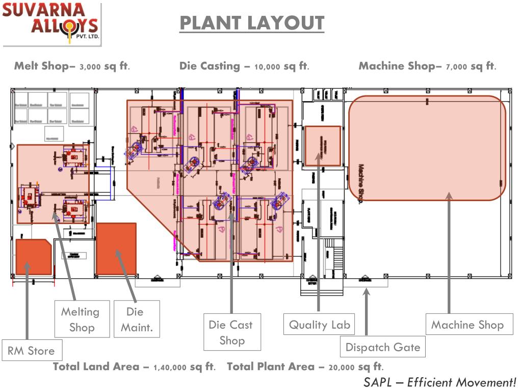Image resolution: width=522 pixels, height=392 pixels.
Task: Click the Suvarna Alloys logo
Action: (x=51, y=23)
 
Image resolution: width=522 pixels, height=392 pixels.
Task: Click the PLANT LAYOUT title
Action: (x=252, y=23)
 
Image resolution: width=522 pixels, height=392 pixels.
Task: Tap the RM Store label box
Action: (x=31, y=351)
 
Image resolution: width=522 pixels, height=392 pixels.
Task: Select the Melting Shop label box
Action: (x=82, y=319)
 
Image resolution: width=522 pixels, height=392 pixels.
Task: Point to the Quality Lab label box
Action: (x=319, y=325)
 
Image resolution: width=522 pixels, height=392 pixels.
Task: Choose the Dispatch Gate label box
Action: (x=383, y=347)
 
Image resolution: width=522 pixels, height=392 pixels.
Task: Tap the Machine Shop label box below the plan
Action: (x=467, y=325)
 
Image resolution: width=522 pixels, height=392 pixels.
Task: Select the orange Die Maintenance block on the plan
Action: (x=116, y=249)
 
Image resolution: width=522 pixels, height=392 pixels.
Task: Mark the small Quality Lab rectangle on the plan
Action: (x=322, y=146)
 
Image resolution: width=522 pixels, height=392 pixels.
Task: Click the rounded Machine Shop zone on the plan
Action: (x=427, y=148)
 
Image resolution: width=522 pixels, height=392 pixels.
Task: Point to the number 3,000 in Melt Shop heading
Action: (x=90, y=67)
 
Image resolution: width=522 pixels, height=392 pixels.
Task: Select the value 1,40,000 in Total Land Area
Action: (x=170, y=367)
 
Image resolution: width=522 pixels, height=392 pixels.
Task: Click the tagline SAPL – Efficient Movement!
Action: (x=439, y=382)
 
